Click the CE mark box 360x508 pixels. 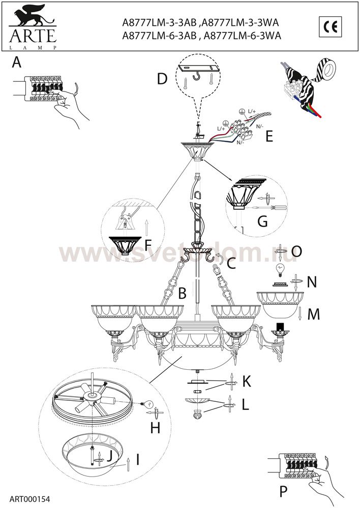point(330,26)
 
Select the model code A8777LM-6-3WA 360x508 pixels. point(243,36)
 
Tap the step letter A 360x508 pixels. point(17,61)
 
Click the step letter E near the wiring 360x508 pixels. point(269,136)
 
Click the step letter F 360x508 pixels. point(148,245)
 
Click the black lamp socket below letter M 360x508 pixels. point(281,327)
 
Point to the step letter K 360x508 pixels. point(247,382)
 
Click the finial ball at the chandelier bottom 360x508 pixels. point(197,415)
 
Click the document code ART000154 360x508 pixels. point(30,499)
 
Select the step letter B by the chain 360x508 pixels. point(182,293)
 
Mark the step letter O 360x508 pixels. point(296,251)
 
